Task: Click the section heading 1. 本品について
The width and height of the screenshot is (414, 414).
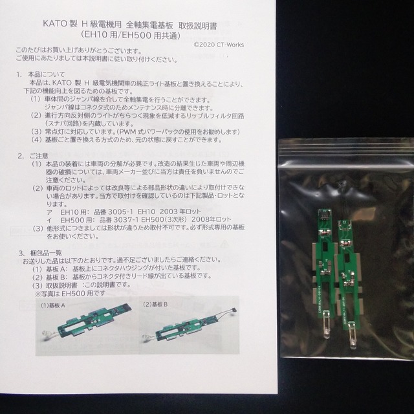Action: pyautogui.click(x=45, y=75)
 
